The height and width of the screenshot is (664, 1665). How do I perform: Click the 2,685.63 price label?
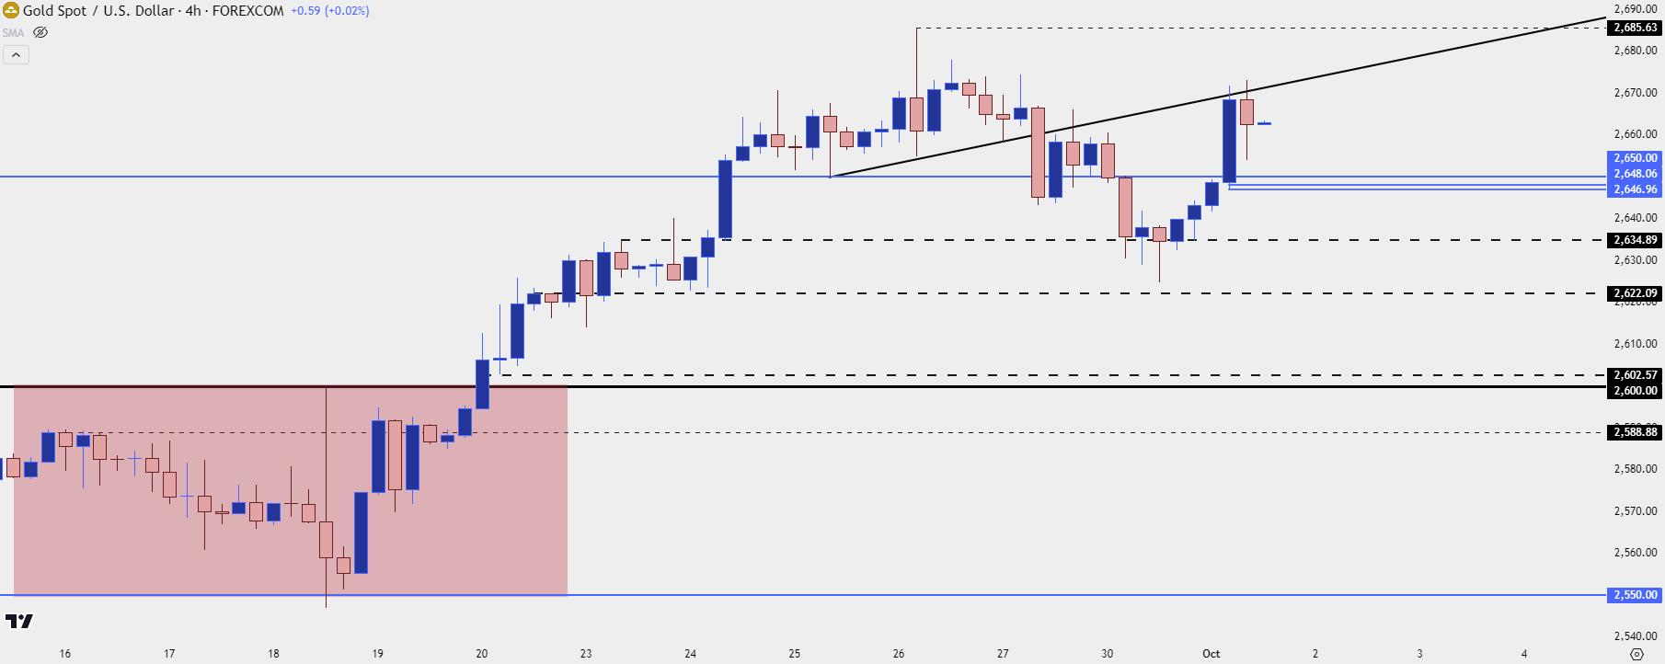coord(1635,28)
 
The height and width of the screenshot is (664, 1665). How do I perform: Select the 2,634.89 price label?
coord(1635,240)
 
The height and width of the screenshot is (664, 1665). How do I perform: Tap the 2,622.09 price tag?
coord(1635,293)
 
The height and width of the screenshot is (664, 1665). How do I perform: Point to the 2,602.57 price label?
coord(1635,375)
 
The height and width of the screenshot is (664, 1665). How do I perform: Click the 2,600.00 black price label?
coord(1635,391)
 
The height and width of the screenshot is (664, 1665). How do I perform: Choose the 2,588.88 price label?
coord(1635,432)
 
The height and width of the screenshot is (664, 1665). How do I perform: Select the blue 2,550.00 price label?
coord(1635,595)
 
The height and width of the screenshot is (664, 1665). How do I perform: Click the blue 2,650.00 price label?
coord(1635,158)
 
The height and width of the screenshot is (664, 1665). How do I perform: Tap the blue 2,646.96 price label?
coord(1635,189)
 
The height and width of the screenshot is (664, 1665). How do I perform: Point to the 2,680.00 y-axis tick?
coord(1635,51)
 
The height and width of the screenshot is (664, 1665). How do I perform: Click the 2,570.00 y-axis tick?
coord(1635,511)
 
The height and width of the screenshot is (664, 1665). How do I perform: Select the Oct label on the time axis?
coord(1211,654)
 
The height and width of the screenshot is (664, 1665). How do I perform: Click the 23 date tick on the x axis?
coord(586,654)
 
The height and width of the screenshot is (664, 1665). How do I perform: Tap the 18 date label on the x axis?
coord(273,654)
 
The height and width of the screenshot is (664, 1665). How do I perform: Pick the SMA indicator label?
coord(13,32)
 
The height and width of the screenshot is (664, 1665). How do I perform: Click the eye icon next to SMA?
coord(40,32)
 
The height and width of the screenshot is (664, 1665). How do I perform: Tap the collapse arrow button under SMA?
coord(16,55)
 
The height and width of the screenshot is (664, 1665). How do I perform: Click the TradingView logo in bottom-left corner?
coord(18,622)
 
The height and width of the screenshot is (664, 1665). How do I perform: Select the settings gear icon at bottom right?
coord(1636,654)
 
